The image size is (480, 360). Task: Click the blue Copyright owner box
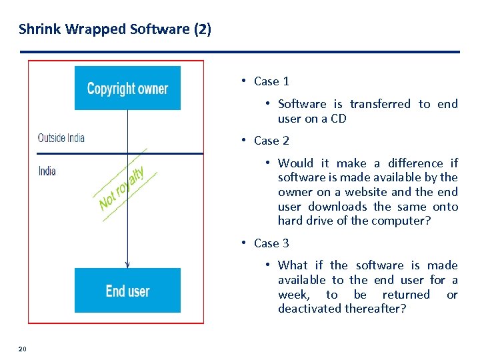coord(127,88)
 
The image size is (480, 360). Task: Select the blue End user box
coord(127,291)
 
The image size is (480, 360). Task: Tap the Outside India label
coord(61,138)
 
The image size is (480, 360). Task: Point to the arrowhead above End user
coord(127,264)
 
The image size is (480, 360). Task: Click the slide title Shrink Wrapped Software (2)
coord(115,29)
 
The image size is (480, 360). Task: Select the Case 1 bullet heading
coord(271,81)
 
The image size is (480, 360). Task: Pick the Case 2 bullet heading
coord(271,141)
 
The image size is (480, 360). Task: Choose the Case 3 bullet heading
coord(271,243)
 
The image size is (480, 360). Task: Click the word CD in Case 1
coord(339,119)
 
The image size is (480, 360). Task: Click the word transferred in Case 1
coord(380,104)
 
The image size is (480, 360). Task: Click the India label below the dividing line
coord(47,171)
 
